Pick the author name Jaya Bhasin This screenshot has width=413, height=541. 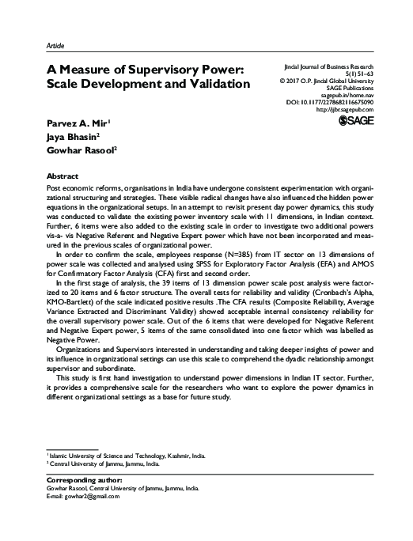pos(65,138)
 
